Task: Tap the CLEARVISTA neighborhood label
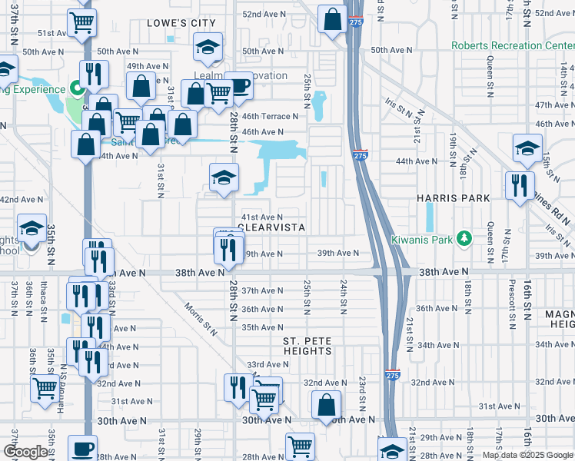(273, 228)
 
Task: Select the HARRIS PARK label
(454, 198)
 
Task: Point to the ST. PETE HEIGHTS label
(307, 346)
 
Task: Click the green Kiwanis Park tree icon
(464, 239)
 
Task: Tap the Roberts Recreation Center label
(513, 45)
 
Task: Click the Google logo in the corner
(25, 452)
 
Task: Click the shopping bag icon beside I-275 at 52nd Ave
(333, 21)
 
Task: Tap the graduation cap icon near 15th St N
(527, 148)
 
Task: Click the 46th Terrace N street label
(269, 117)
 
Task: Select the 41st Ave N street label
(263, 217)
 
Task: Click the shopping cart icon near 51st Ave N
(82, 22)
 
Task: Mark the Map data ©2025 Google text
(527, 455)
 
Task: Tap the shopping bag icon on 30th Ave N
(327, 404)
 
